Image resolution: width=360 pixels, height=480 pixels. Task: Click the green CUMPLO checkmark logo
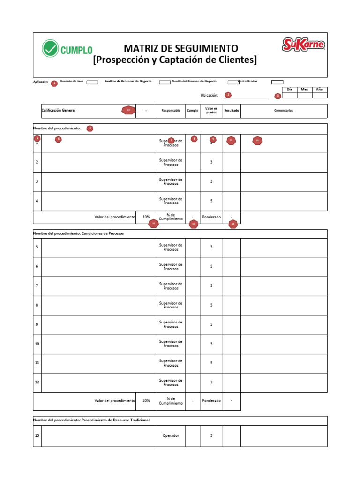[x=51, y=49]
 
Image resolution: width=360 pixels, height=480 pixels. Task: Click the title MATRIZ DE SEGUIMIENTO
[x=181, y=48]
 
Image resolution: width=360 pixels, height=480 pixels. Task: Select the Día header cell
[x=289, y=89]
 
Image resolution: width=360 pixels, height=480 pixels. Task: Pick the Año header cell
[x=319, y=89]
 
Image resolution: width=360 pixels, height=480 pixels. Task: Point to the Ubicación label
[x=210, y=95]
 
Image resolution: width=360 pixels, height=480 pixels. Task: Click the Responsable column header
[x=171, y=111]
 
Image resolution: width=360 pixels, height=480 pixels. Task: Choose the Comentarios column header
[x=284, y=111]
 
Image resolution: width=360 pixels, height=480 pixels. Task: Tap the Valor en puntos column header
[x=211, y=111]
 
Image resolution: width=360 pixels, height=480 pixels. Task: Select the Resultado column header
[x=232, y=111]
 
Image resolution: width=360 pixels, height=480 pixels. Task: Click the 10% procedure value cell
[x=146, y=217]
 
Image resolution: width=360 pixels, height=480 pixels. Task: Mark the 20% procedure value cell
[x=146, y=401]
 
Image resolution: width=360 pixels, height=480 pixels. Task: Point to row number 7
[x=37, y=286]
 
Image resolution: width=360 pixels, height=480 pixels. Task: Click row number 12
[x=37, y=382]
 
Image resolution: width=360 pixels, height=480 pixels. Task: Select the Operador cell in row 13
[x=171, y=435]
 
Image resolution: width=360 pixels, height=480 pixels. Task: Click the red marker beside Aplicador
[x=54, y=83]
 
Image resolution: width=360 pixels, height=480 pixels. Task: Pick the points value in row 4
[x=211, y=201]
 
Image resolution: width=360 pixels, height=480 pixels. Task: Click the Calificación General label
[x=59, y=110]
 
